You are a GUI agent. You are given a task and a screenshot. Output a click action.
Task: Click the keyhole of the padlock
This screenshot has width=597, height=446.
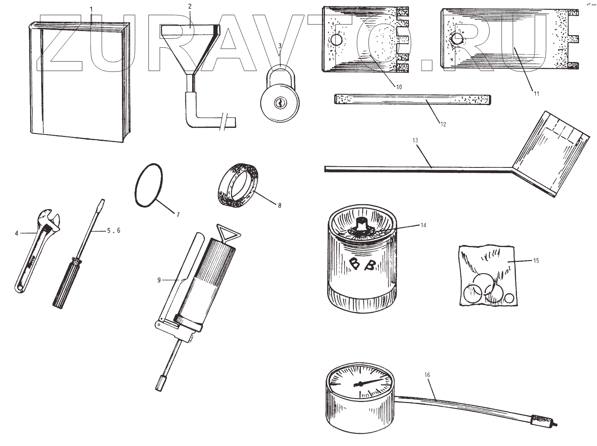[280, 103]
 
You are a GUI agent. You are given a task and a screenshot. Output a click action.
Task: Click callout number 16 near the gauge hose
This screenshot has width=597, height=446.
[427, 375]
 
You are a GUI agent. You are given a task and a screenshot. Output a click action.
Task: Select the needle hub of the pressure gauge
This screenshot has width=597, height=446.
[360, 384]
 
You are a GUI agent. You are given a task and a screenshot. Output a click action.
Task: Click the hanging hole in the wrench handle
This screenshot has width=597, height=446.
[19, 288]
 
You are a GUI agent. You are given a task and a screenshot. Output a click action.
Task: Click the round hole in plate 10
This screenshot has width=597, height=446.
[336, 40]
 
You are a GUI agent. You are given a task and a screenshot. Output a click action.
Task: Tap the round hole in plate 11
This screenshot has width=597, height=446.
[456, 39]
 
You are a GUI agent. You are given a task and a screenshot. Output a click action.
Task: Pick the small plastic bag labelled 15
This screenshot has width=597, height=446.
[488, 276]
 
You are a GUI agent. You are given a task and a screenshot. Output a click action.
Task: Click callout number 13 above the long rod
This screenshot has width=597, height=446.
[415, 140]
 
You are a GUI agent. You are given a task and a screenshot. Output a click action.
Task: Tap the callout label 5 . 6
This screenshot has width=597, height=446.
[113, 230]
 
